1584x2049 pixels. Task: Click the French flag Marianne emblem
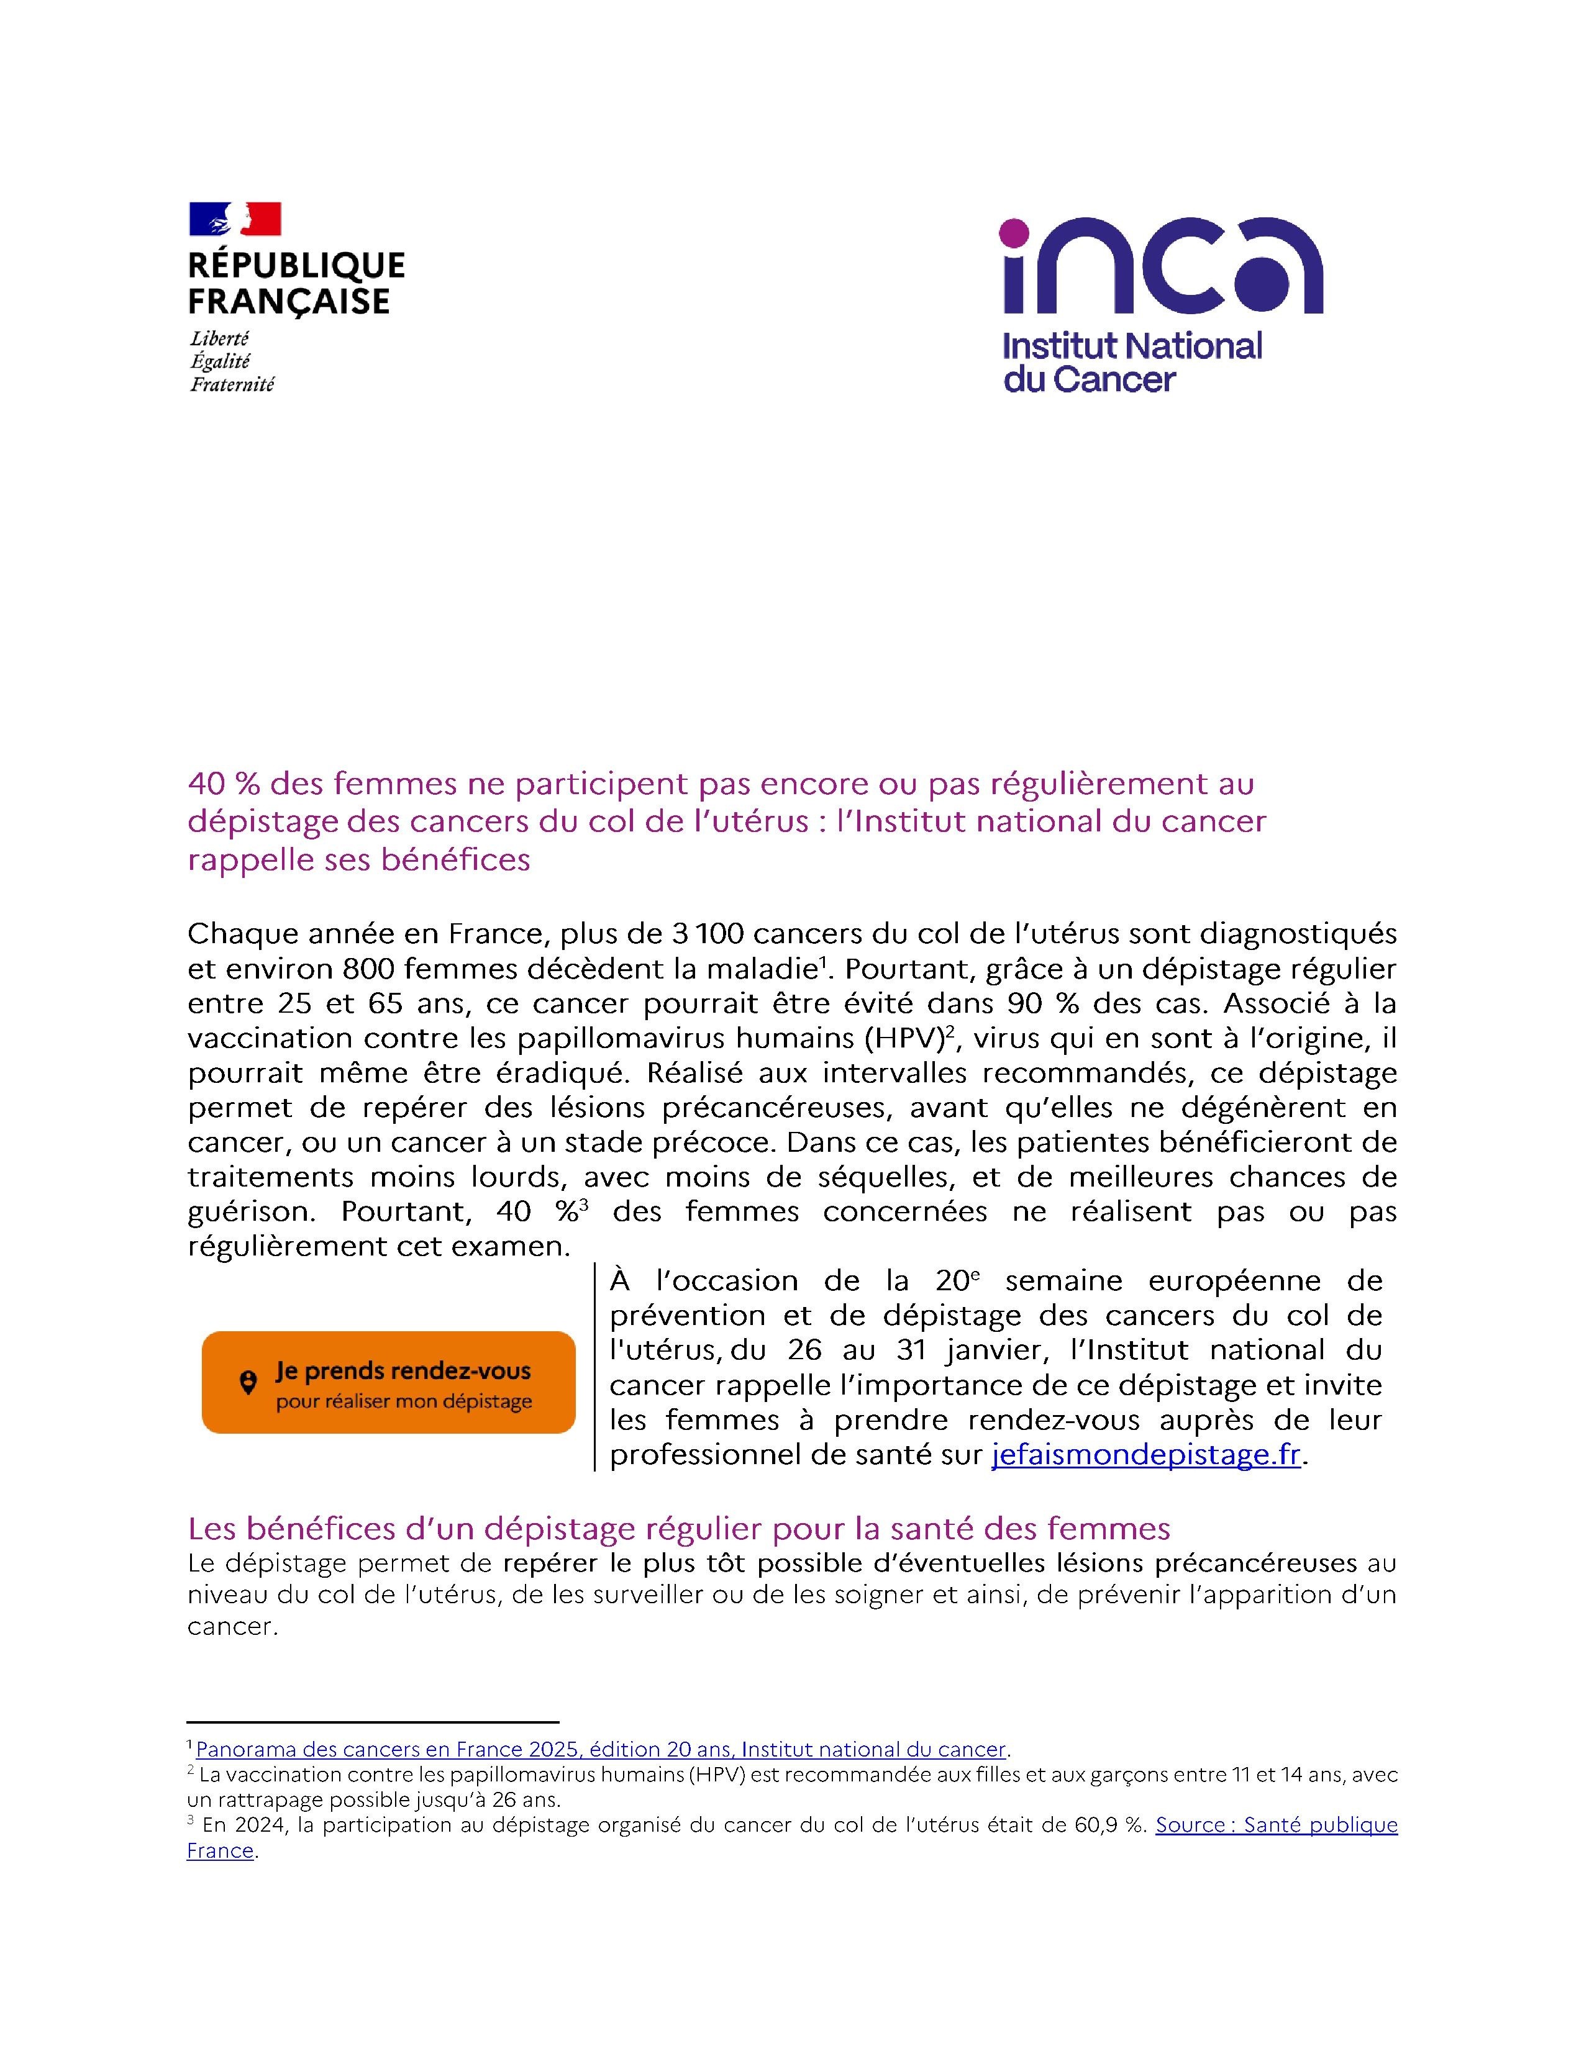click(235, 219)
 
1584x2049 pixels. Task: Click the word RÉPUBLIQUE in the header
click(296, 266)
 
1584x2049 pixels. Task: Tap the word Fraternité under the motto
click(232, 385)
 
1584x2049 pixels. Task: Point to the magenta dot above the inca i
click(1014, 231)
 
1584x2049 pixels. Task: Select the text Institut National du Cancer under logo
click(1132, 362)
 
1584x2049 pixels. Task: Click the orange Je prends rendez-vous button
click(388, 1382)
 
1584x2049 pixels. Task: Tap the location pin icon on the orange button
click(248, 1383)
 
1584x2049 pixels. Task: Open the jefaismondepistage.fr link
click(1146, 1455)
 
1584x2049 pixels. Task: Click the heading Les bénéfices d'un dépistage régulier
click(678, 1529)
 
